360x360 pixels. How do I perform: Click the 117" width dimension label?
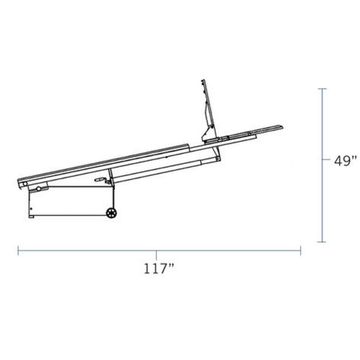(159, 269)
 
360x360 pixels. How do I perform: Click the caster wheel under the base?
(111, 213)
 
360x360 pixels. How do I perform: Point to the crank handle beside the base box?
(102, 180)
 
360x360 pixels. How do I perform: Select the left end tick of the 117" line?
(18, 250)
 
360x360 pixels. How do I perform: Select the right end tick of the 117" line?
(301, 250)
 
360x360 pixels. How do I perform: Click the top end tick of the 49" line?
(322, 89)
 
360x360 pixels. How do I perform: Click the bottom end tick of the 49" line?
(322, 242)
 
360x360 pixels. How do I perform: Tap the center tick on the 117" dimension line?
(156, 255)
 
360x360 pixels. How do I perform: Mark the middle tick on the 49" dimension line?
(326, 160)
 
